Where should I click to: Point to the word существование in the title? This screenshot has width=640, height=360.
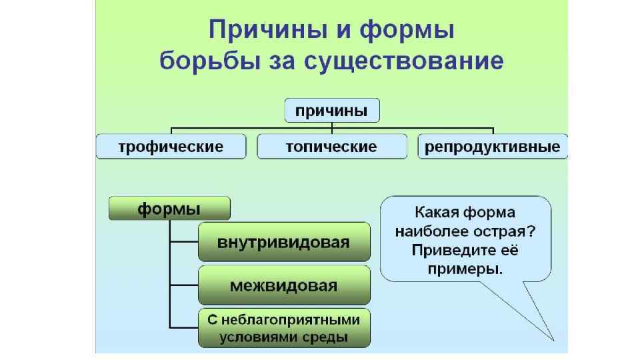(x=403, y=62)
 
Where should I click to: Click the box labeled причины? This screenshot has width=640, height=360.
(x=332, y=110)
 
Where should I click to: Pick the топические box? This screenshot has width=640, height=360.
(x=331, y=147)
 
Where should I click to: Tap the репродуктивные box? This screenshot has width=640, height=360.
(x=493, y=147)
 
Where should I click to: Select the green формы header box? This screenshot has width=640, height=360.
(x=169, y=209)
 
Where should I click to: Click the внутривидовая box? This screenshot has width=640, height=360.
(x=283, y=242)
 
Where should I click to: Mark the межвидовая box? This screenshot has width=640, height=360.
(x=283, y=285)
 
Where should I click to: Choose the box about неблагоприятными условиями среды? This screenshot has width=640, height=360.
(x=283, y=328)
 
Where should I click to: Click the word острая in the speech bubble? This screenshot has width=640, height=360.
(x=510, y=232)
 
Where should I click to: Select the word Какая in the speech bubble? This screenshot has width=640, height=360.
(x=436, y=213)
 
